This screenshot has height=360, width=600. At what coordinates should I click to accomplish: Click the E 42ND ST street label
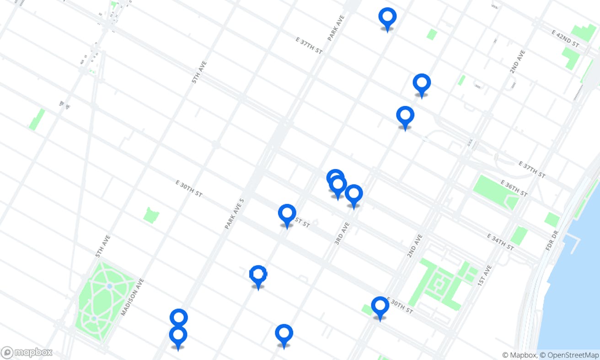point(565,39)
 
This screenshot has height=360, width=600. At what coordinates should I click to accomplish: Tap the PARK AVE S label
point(235,214)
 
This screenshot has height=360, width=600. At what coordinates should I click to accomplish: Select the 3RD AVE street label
point(342,233)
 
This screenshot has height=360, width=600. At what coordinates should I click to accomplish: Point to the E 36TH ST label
point(514,188)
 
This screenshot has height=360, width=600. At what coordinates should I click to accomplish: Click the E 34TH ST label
point(500,242)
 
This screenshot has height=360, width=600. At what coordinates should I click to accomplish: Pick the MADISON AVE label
point(132,297)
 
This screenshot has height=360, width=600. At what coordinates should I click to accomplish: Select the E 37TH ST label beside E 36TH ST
point(532,169)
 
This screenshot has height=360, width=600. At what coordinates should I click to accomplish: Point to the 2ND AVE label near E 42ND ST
point(518,62)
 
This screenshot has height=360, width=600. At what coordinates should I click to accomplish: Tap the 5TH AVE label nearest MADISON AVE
point(103,246)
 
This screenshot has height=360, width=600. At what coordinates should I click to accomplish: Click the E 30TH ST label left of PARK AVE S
point(188,188)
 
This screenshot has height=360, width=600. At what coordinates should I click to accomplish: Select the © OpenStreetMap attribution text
point(569,355)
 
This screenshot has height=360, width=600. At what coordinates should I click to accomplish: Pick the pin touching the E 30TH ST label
point(380,307)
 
